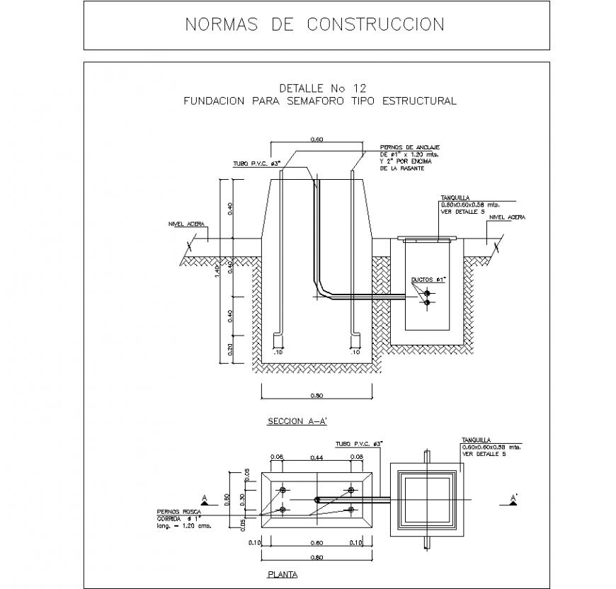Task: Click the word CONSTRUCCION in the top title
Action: (x=375, y=25)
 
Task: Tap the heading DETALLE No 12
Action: (x=322, y=88)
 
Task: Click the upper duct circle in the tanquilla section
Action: (x=427, y=292)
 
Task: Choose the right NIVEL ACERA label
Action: (x=507, y=217)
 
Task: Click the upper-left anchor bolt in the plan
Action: (x=283, y=491)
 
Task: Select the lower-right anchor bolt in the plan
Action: (x=350, y=509)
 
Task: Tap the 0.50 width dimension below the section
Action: (x=317, y=396)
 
